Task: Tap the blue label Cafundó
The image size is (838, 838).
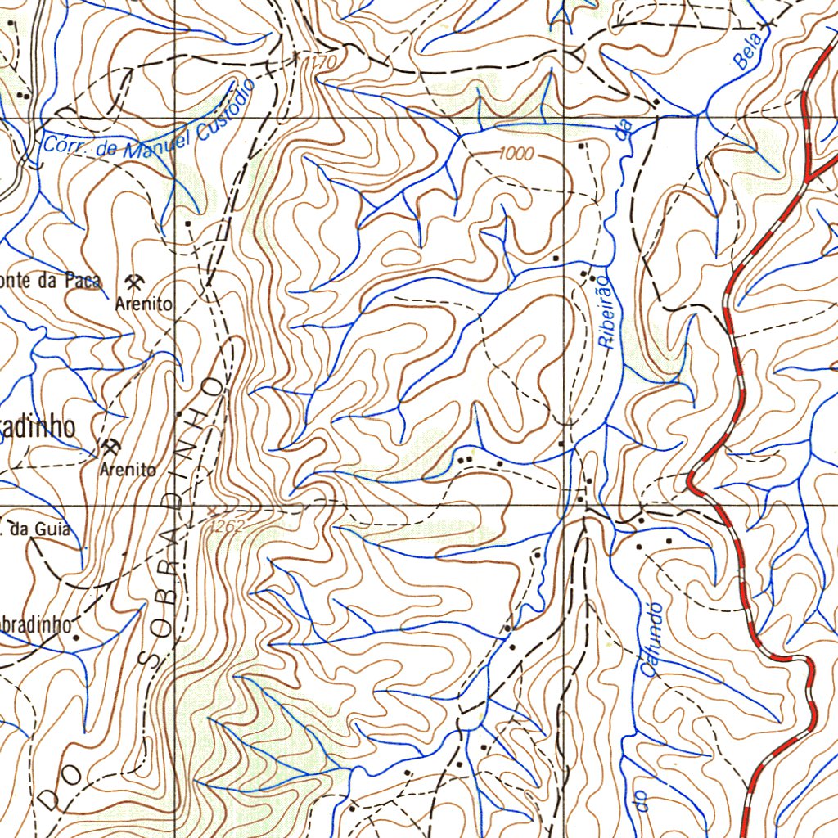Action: tap(651, 639)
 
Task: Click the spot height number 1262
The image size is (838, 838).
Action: tap(227, 527)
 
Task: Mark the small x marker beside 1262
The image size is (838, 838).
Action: tap(212, 510)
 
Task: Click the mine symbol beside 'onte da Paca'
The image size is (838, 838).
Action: tap(136, 282)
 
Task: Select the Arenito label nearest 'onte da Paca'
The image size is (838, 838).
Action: tap(144, 304)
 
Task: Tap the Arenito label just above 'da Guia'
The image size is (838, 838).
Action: tap(128, 470)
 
